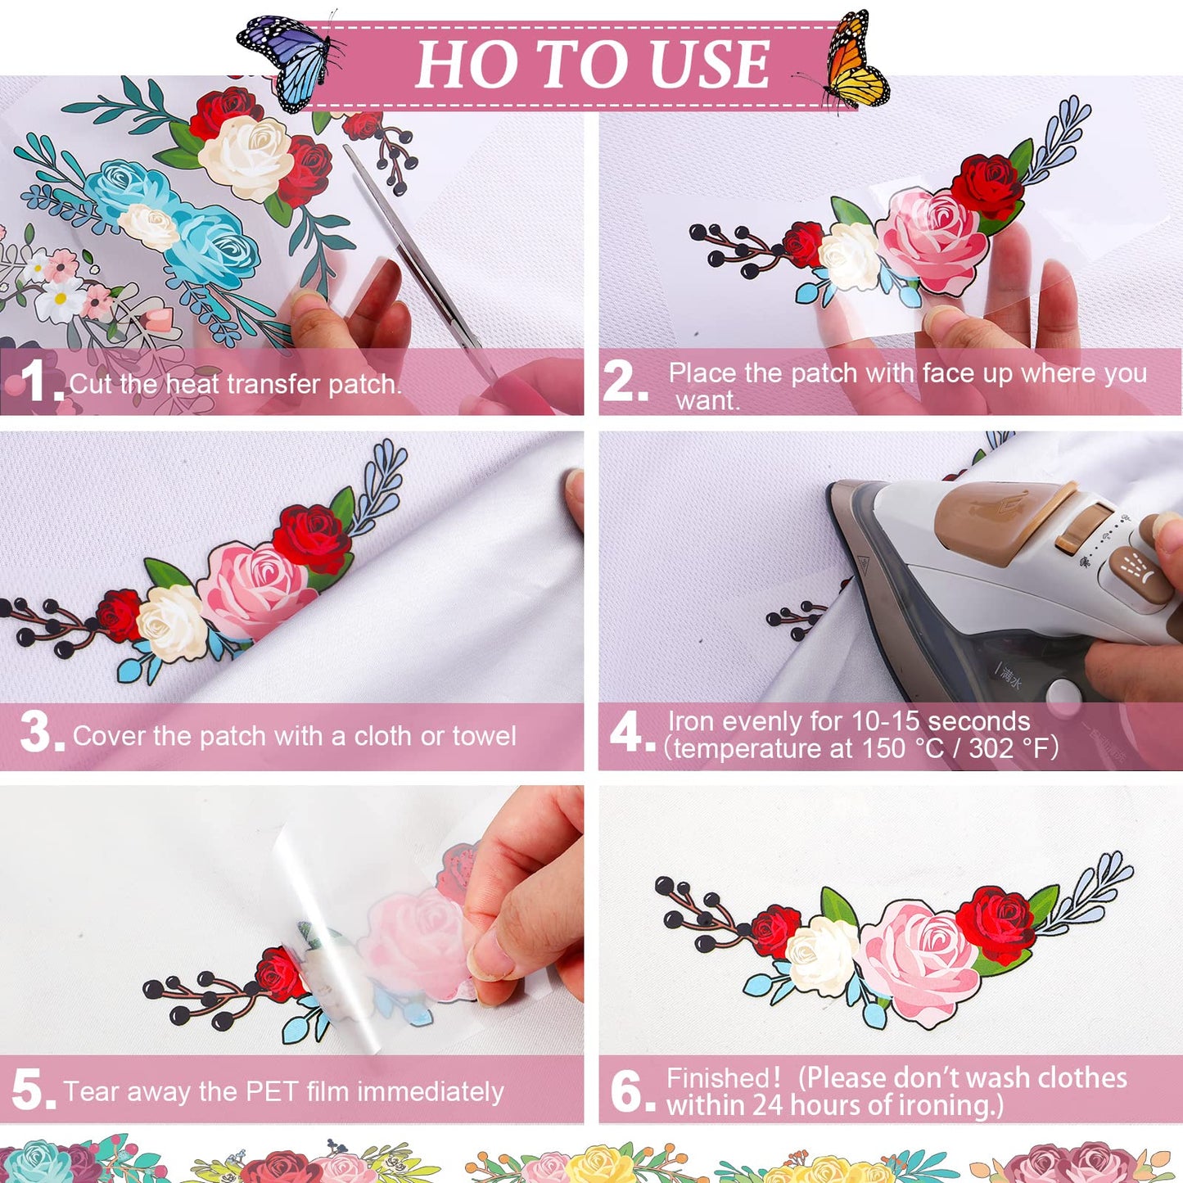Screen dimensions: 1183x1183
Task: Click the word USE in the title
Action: coord(708,64)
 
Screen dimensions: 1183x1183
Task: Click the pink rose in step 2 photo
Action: coord(933,237)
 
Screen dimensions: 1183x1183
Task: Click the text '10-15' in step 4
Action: coord(885,721)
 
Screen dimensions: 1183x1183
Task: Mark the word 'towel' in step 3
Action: coord(484,736)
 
